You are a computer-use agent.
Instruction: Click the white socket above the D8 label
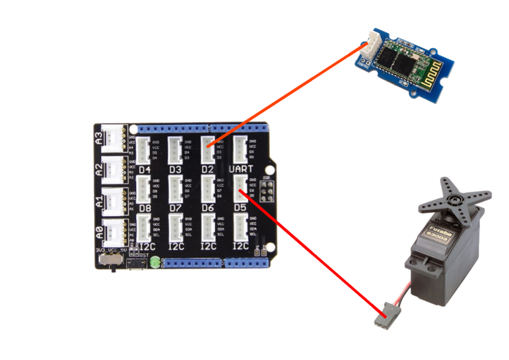(144, 189)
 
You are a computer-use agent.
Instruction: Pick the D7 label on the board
(176, 208)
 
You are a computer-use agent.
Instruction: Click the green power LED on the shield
(155, 262)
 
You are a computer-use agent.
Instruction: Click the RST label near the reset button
(144, 256)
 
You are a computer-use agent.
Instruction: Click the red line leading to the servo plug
(313, 254)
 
